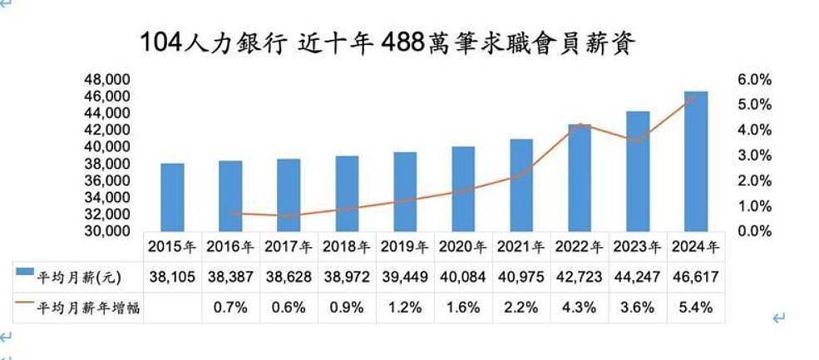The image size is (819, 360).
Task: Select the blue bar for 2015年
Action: [172, 197]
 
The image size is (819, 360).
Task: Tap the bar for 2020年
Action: [463, 189]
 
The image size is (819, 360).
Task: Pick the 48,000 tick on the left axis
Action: [108, 80]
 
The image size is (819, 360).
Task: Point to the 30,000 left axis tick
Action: [108, 231]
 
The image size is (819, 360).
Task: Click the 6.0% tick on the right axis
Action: [755, 80]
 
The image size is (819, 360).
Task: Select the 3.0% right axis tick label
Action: [755, 155]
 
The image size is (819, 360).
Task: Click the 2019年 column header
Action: [405, 247]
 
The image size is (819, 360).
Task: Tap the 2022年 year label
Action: [580, 247]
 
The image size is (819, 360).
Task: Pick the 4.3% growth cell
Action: [580, 308]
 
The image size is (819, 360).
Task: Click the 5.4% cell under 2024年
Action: [696, 308]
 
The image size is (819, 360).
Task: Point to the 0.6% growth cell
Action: [289, 308]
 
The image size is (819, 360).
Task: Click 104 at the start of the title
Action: [160, 42]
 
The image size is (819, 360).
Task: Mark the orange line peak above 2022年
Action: [580, 125]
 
